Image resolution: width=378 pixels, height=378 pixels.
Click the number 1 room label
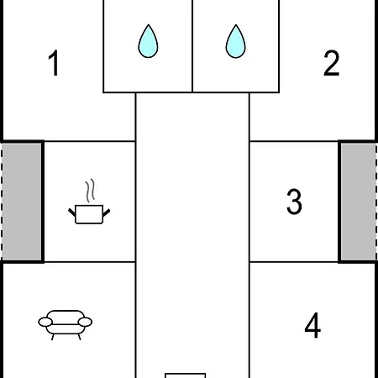tap(54, 63)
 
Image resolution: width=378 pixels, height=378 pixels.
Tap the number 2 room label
tap(332, 63)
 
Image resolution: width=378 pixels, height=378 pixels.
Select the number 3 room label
tap(294, 202)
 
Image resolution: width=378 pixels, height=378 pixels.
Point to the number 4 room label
tap(312, 325)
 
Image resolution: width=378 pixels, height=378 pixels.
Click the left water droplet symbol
tap(148, 41)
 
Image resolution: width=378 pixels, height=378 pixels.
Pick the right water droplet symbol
tap(236, 41)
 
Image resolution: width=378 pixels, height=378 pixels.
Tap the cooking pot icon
tap(89, 214)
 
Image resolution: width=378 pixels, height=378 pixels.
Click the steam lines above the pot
tap(90, 191)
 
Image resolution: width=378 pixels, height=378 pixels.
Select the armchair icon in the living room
tap(66, 325)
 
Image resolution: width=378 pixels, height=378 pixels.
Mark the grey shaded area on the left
tap(22, 202)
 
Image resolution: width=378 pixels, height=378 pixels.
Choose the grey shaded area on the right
tap(359, 202)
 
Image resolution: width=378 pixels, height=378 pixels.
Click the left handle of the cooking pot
tap(72, 213)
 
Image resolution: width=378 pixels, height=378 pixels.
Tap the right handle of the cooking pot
tap(107, 213)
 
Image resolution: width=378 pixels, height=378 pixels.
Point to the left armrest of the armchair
tap(45, 322)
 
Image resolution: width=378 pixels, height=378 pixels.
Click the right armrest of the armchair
tap(85, 322)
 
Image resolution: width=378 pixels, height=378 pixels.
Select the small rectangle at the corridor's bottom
tap(185, 375)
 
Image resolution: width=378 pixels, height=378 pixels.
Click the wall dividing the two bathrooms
tap(192, 46)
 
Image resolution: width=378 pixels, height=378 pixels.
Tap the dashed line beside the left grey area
tap(2, 202)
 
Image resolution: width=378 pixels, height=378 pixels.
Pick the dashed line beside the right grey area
tap(376, 202)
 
